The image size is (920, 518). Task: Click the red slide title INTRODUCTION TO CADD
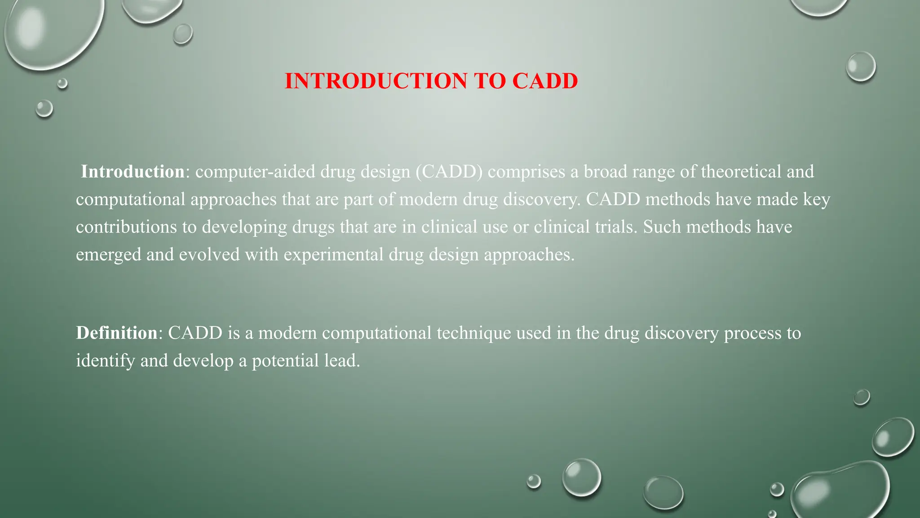point(431,81)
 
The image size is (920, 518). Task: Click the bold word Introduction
point(133,172)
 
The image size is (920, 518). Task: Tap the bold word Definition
point(116,333)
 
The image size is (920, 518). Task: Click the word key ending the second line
point(816,200)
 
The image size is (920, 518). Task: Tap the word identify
point(105,361)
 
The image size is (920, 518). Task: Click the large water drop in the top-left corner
point(52,31)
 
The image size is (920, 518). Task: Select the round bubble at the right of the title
point(861,67)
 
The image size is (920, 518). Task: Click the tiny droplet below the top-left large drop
point(62,83)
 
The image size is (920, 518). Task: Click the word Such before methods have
point(662,227)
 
